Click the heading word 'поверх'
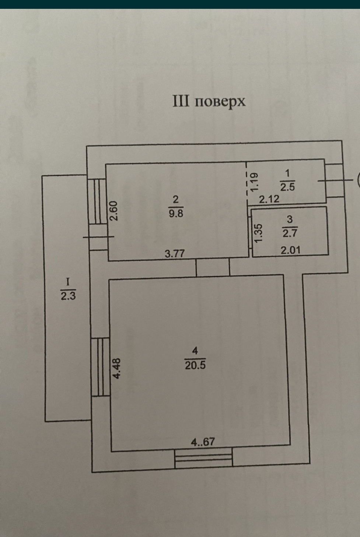click(x=220, y=102)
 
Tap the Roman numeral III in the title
click(x=181, y=101)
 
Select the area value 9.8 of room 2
click(x=176, y=213)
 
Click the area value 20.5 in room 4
click(x=195, y=365)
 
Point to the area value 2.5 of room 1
click(x=287, y=187)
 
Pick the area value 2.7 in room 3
click(x=290, y=233)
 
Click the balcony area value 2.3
click(x=68, y=295)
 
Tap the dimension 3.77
click(x=174, y=253)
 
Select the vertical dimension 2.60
click(x=114, y=211)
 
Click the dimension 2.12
click(x=269, y=199)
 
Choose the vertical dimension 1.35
click(x=258, y=233)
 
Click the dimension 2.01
click(x=290, y=250)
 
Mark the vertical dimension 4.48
click(x=117, y=369)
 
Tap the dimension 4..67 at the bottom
click(x=203, y=442)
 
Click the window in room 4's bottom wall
click(x=203, y=457)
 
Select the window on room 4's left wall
click(x=101, y=367)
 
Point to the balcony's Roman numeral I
click(x=67, y=282)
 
